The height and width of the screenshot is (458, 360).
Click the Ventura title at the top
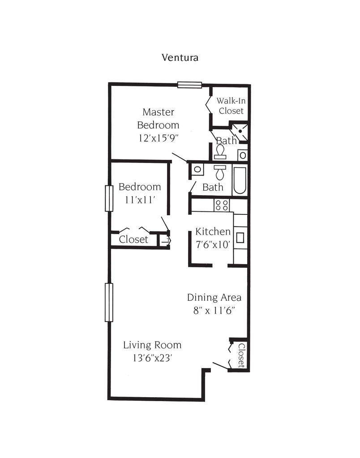click(x=180, y=57)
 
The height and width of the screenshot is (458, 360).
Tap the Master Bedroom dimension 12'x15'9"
click(x=159, y=138)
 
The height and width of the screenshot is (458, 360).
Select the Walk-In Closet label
click(x=231, y=106)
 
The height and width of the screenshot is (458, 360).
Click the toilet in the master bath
click(x=220, y=152)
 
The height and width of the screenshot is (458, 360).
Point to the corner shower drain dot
click(x=240, y=132)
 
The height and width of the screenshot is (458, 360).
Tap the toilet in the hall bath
click(x=220, y=173)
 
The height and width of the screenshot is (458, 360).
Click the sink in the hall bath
click(x=197, y=169)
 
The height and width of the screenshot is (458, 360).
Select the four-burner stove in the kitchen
click(x=222, y=205)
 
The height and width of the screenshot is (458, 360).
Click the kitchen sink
click(x=240, y=238)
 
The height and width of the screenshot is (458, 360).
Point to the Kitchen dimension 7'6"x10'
click(x=213, y=244)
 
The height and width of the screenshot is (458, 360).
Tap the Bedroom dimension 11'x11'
click(x=140, y=200)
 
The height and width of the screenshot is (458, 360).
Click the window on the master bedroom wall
click(x=190, y=85)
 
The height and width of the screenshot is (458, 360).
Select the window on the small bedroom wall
click(x=109, y=198)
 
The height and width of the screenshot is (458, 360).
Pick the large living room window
click(x=109, y=302)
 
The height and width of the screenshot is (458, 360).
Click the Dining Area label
click(x=214, y=298)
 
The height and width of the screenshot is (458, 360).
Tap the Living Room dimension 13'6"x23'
click(x=152, y=358)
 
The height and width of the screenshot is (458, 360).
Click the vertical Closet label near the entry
click(x=241, y=355)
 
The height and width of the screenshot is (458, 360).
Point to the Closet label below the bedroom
click(x=133, y=240)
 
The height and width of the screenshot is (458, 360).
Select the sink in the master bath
click(x=243, y=155)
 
